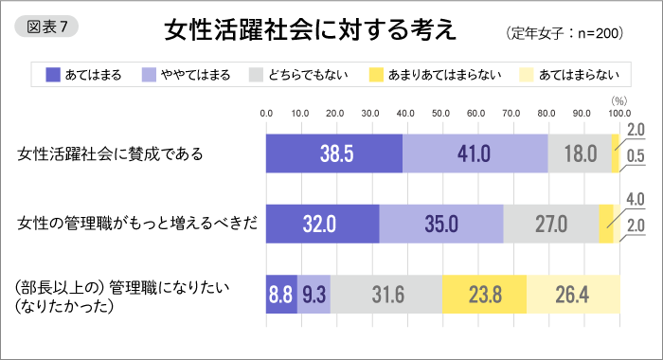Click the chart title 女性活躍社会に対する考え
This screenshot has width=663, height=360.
(x=311, y=30)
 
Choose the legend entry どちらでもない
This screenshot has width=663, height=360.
(x=292, y=75)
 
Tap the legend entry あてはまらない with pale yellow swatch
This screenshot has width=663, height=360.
(x=566, y=75)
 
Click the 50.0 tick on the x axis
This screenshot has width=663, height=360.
(x=441, y=115)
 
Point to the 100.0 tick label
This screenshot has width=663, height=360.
(x=618, y=115)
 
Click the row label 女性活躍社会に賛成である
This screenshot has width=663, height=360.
(x=112, y=154)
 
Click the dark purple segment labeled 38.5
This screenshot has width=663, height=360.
(x=334, y=153)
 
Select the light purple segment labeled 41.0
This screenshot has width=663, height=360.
(x=475, y=153)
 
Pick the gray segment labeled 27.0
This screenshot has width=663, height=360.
(x=551, y=225)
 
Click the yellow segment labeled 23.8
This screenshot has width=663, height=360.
(x=484, y=295)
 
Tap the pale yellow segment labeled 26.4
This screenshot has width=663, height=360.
(x=573, y=295)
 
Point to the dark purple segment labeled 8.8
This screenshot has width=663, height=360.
(x=281, y=295)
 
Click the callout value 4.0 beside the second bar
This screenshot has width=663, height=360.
(x=636, y=200)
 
